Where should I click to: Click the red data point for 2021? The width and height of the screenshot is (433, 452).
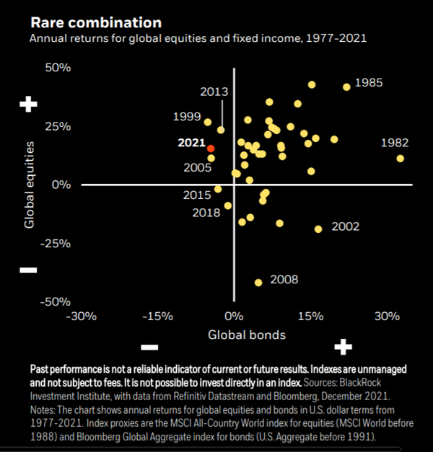[211, 149]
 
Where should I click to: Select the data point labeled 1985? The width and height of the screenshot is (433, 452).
[346, 87]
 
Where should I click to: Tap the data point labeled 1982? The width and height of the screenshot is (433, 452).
[400, 159]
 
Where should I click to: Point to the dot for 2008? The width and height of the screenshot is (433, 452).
[258, 283]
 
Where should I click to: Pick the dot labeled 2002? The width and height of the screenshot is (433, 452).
[318, 229]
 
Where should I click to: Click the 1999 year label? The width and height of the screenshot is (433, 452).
[187, 116]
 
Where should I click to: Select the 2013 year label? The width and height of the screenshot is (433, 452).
[214, 92]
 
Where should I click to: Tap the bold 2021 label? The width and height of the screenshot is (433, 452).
[192, 143]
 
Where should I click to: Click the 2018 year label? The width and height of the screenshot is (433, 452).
[206, 213]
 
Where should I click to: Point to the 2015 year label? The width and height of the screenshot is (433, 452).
[197, 195]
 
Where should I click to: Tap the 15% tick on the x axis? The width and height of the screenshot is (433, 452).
[310, 316]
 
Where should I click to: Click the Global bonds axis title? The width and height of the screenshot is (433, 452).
[247, 334]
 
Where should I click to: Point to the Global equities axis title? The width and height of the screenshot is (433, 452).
[30, 184]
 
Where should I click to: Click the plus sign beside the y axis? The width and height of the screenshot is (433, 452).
[28, 105]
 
